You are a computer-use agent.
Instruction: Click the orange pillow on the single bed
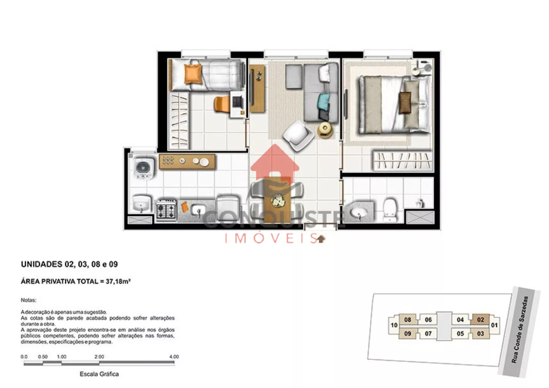point(193,74)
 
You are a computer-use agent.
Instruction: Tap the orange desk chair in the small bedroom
point(222,104)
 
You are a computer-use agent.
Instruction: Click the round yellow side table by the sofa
point(325,130)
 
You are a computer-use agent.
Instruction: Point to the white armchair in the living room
point(298,136)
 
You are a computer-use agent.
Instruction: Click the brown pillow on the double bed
point(405,102)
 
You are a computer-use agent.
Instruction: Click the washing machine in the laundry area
point(144,169)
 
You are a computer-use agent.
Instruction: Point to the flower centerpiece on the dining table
point(278,201)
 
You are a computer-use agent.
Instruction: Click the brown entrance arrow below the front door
point(321,239)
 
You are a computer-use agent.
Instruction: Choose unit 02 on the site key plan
point(480,320)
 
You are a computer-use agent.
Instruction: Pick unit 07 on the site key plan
point(428,333)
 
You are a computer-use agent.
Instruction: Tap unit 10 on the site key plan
point(394,325)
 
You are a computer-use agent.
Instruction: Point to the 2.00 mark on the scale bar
point(99,357)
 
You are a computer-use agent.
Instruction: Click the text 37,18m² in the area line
point(118,282)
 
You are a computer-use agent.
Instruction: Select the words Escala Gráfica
point(99,374)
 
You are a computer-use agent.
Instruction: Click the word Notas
point(28,300)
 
